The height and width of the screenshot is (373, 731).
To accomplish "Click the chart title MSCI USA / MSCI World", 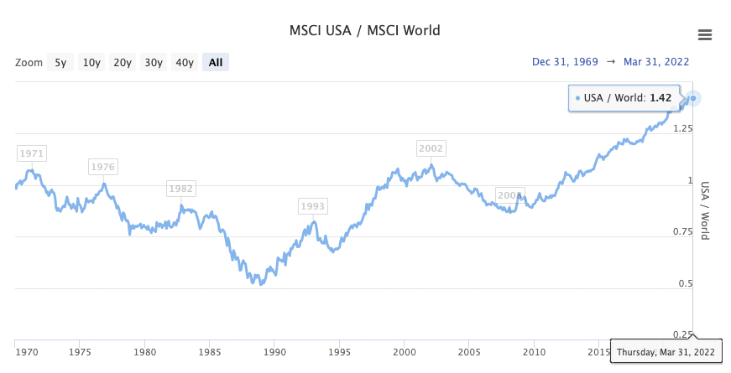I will point(364,31).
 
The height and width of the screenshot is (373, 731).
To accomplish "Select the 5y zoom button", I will point(60,62).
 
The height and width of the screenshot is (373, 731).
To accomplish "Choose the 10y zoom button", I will point(91,62).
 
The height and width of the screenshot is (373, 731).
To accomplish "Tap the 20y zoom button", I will point(123,62).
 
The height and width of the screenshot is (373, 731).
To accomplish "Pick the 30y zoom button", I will point(154,62).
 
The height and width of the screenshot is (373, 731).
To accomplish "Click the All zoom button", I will point(216,62).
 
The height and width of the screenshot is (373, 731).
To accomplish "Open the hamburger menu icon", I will point(705,34).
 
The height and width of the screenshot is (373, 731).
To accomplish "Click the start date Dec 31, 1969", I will point(564,62).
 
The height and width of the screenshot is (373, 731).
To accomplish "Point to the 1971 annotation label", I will point(32,153).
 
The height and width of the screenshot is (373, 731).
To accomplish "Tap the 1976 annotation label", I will point(103,167).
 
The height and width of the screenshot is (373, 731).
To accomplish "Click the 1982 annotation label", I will point(181,189).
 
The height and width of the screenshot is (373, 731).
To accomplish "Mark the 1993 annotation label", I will point(313,206).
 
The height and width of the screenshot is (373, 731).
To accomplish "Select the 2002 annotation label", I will point(431,148).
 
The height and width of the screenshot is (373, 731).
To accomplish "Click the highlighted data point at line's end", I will point(693,98).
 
